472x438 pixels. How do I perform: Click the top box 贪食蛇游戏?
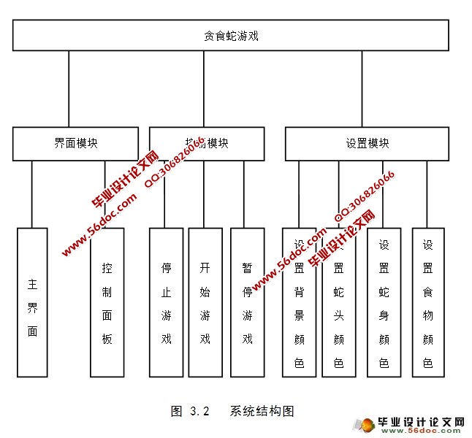coord(231,35)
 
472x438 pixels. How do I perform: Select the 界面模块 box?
coord(75,144)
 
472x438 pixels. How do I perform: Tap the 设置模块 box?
coord(367,144)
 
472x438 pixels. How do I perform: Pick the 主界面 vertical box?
coord(32,302)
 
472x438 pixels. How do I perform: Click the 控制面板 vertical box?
coord(107,302)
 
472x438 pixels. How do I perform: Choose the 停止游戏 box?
coord(166,302)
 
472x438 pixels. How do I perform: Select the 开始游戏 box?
coord(205,302)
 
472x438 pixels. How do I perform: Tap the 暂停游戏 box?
coord(247,302)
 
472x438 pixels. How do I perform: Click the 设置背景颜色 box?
coord(299,302)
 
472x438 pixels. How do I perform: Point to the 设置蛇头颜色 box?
coord(338,302)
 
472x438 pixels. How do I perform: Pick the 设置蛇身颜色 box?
coord(384,302)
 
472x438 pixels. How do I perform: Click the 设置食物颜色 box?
coord(427,302)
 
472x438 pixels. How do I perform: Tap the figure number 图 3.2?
coord(191,410)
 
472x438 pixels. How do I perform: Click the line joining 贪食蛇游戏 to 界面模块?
coord(69,89)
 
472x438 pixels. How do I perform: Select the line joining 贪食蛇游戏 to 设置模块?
coord(362,89)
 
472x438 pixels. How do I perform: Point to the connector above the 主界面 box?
coord(32,194)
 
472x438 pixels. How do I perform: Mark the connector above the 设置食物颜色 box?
coord(427,194)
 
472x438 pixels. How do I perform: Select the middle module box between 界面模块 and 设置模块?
coord(207,144)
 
